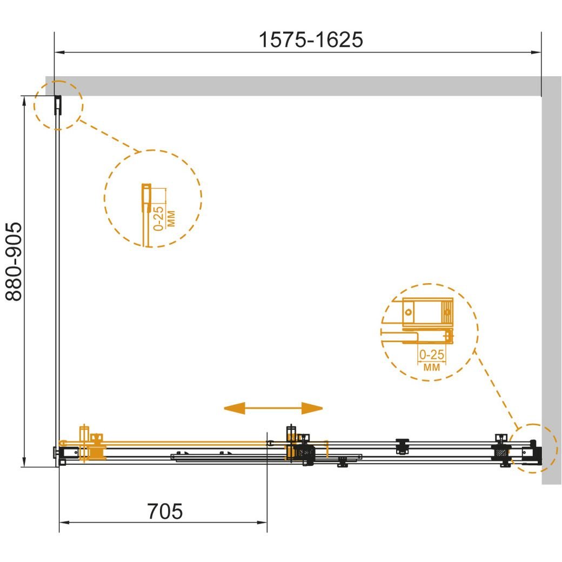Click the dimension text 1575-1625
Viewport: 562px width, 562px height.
click(x=310, y=39)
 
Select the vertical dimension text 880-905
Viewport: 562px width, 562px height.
click(x=15, y=262)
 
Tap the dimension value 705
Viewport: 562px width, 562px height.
click(x=164, y=511)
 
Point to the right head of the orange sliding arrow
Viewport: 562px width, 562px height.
click(x=312, y=408)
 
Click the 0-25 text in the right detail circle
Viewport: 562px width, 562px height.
click(x=432, y=354)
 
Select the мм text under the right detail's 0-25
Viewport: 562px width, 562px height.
click(x=432, y=367)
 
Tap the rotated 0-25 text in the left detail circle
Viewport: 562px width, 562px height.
click(x=158, y=218)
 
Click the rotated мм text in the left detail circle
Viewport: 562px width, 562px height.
click(x=171, y=219)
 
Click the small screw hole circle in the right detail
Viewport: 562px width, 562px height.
click(x=408, y=312)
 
